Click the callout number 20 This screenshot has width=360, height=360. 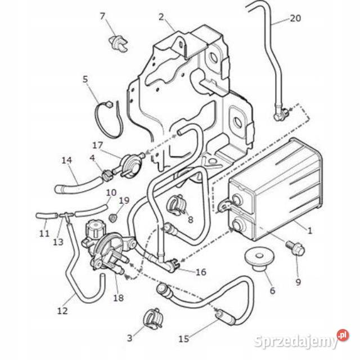295,18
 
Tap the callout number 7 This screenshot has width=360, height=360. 102,16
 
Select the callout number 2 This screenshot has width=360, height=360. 161,17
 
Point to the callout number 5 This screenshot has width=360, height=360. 85,79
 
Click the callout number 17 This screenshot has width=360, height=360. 97,145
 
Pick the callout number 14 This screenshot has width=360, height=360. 67,160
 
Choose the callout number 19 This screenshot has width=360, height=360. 124,200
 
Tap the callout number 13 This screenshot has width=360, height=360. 58,242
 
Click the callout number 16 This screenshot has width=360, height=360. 201,272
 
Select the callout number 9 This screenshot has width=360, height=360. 298,281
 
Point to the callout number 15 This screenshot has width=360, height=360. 183,339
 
